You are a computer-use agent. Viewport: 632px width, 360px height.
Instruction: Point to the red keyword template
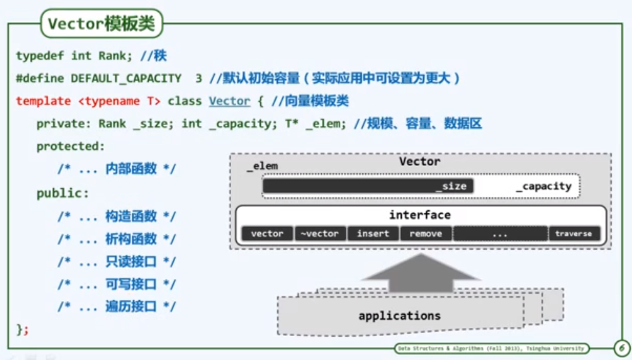tap(43, 101)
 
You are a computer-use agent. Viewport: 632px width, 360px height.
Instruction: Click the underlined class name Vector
tap(229, 101)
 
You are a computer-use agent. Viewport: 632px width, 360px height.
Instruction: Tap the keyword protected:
tap(70, 147)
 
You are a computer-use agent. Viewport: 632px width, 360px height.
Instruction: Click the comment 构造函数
tap(131, 217)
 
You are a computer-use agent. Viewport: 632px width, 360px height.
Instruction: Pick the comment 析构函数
tap(131, 239)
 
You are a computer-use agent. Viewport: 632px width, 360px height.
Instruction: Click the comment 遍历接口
tap(131, 307)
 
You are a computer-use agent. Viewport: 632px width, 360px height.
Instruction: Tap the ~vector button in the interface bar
tap(320, 234)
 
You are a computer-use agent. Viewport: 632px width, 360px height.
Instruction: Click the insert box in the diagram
tap(373, 234)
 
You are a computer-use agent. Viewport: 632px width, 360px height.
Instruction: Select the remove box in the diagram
tap(426, 234)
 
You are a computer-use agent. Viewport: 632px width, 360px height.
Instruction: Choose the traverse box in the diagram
tap(574, 234)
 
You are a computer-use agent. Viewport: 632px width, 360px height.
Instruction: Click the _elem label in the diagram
tap(262, 166)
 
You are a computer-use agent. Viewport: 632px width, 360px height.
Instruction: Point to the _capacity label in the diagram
tap(544, 187)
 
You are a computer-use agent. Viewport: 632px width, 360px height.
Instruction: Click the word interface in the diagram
tap(420, 215)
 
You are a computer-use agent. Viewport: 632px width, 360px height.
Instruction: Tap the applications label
tap(399, 316)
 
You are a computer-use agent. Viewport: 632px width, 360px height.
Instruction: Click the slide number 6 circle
tap(620, 348)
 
